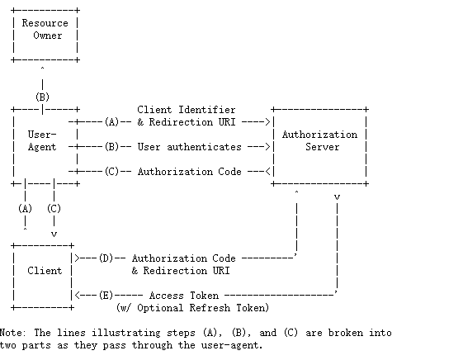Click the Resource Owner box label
click(x=45, y=29)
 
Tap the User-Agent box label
click(x=42, y=140)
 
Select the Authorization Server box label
click(x=319, y=140)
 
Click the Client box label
click(x=45, y=271)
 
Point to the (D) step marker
click(x=106, y=258)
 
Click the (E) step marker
click(x=106, y=296)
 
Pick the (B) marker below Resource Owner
click(x=42, y=97)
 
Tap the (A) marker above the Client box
click(x=25, y=209)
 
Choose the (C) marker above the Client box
click(x=54, y=209)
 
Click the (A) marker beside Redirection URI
click(x=112, y=122)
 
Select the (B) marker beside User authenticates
click(x=112, y=147)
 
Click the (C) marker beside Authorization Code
click(x=112, y=172)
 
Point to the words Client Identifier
click(x=187, y=110)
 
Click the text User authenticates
click(x=189, y=147)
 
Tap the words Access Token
click(x=184, y=296)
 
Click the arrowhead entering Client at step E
click(x=78, y=296)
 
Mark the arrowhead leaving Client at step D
click(x=78, y=258)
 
